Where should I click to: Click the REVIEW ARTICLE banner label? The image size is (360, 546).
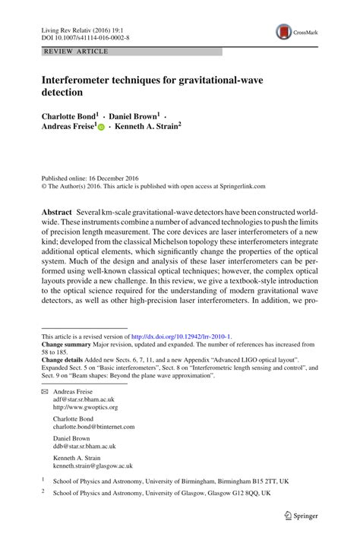(77, 52)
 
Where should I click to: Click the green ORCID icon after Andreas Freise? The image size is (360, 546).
(101, 131)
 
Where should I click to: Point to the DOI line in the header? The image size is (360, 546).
(85, 36)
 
